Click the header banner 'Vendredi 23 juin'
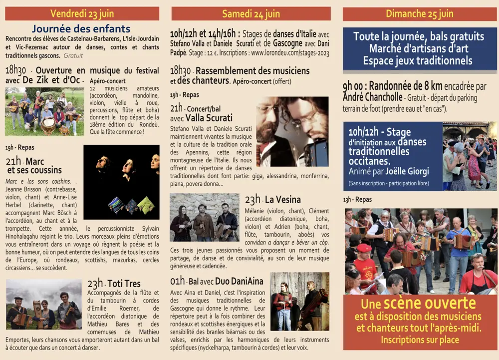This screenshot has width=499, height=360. [82, 13]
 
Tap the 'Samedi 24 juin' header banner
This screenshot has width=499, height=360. [250, 14]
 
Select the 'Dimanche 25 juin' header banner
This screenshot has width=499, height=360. [419, 14]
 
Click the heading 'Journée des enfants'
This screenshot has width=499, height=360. [81, 29]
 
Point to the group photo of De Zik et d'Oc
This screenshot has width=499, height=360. [44, 112]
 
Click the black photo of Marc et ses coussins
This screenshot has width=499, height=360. [121, 182]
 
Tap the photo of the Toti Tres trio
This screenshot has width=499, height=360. [44, 304]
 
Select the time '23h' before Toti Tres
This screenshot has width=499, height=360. [95, 284]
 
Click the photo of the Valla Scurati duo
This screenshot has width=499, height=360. [292, 131]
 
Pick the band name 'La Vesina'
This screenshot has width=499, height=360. [283, 200]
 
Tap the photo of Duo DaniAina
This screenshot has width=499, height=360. [299, 301]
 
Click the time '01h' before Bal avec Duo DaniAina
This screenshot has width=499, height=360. [177, 281]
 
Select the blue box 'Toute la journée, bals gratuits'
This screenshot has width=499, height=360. [419, 48]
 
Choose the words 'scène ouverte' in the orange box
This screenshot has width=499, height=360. [429, 304]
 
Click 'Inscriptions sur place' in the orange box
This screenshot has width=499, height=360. [419, 340]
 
